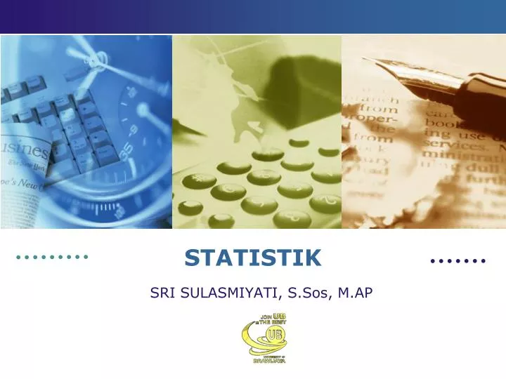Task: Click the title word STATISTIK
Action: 252,258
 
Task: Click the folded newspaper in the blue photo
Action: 25,168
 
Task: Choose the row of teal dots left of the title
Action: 52,257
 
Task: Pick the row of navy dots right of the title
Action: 458,260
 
